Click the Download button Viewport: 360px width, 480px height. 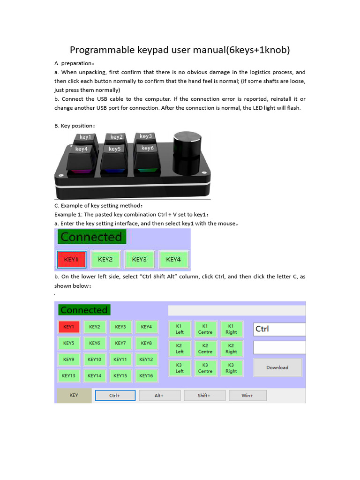pyautogui.click(x=277, y=367)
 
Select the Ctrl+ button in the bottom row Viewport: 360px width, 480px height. pyautogui.click(x=115, y=396)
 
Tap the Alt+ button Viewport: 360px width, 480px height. pyautogui.click(x=159, y=396)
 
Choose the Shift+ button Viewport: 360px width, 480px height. pyautogui.click(x=204, y=396)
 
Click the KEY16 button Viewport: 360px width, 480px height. pyautogui.click(x=146, y=375)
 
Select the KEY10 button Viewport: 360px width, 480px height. pyautogui.click(x=94, y=360)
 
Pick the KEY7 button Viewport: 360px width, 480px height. pyautogui.click(x=120, y=343)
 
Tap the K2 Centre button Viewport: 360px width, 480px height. pyautogui.click(x=205, y=349)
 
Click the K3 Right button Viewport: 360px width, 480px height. pyautogui.click(x=231, y=368)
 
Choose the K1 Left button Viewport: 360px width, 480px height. pyautogui.click(x=180, y=329)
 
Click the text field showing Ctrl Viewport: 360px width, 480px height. pyautogui.click(x=279, y=329)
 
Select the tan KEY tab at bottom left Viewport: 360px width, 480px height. pyautogui.click(x=74, y=395)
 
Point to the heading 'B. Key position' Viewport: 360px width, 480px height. pyautogui.click(x=75, y=126)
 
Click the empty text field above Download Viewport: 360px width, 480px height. pyautogui.click(x=279, y=347)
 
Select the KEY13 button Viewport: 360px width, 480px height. pyautogui.click(x=68, y=375)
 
